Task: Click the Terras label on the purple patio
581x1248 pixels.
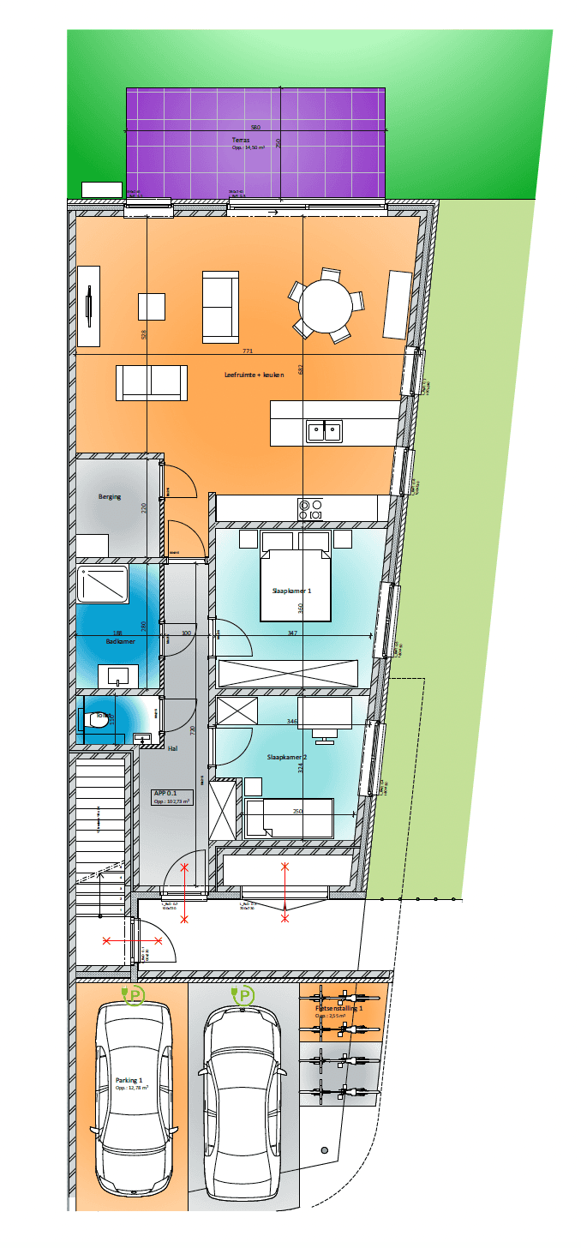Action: coord(241,140)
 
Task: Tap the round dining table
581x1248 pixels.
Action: coord(326,304)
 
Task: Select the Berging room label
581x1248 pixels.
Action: coord(110,497)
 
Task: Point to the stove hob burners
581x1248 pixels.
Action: coord(309,509)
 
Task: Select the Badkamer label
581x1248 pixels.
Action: coord(121,641)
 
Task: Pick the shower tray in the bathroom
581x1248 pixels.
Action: coord(103,584)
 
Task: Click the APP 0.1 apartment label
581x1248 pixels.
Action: coord(165,793)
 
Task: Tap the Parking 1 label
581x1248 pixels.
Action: coord(129,1080)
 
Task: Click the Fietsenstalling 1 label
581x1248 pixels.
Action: coord(338,1009)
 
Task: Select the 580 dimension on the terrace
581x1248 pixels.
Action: coord(255,128)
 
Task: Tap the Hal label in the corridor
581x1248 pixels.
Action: coord(172,748)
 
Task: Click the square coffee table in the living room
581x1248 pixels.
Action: coord(152,307)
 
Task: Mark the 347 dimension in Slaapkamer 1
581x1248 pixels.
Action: coord(292,633)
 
